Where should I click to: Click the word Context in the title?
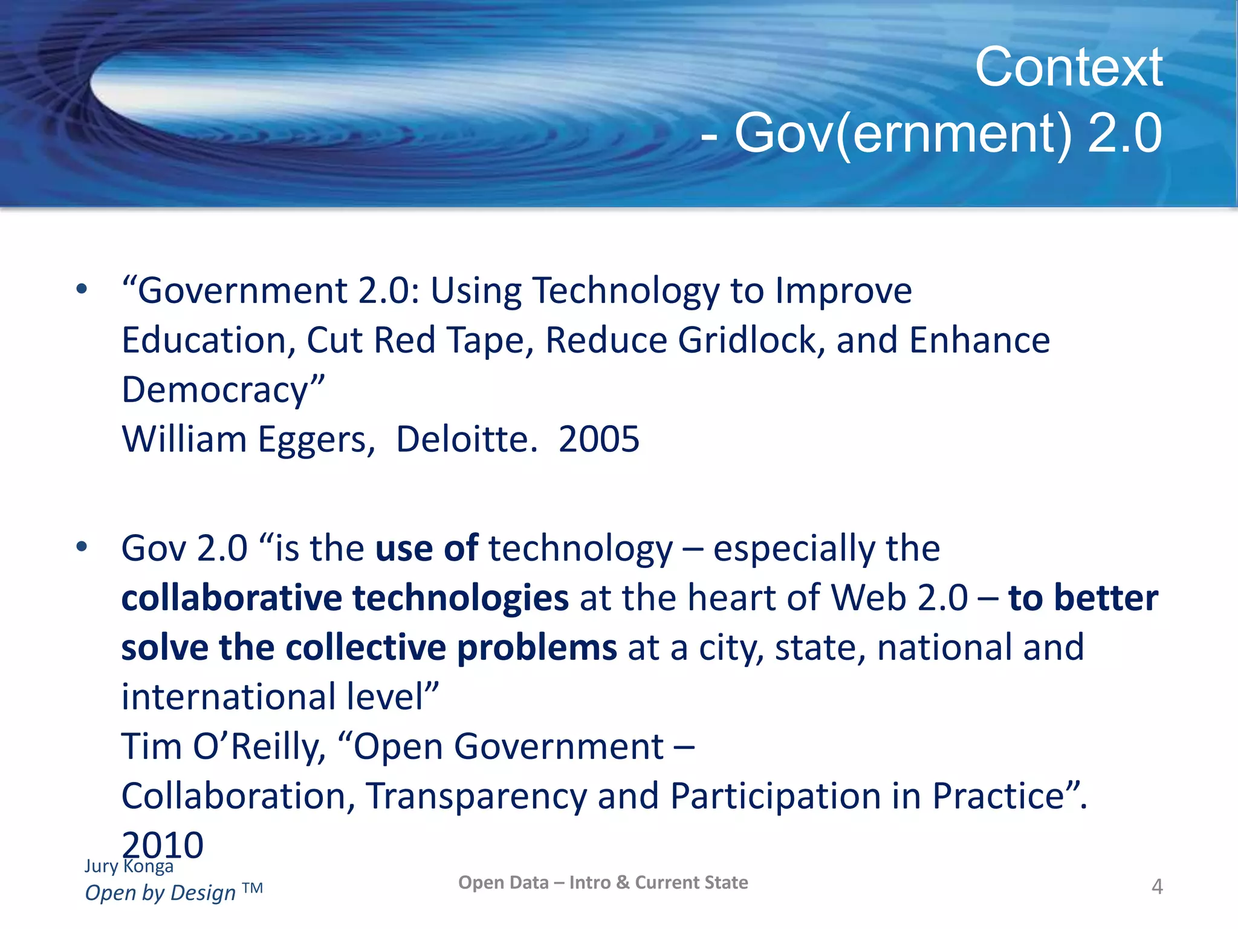coord(1068,67)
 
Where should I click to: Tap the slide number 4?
coord(1157,887)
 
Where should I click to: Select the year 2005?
coord(598,439)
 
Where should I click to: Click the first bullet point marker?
coord(82,290)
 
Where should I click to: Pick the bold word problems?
coord(537,647)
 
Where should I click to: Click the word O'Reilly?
coord(259,746)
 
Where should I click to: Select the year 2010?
coord(163,846)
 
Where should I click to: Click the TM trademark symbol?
coord(253,888)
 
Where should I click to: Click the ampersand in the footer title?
coord(623,882)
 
